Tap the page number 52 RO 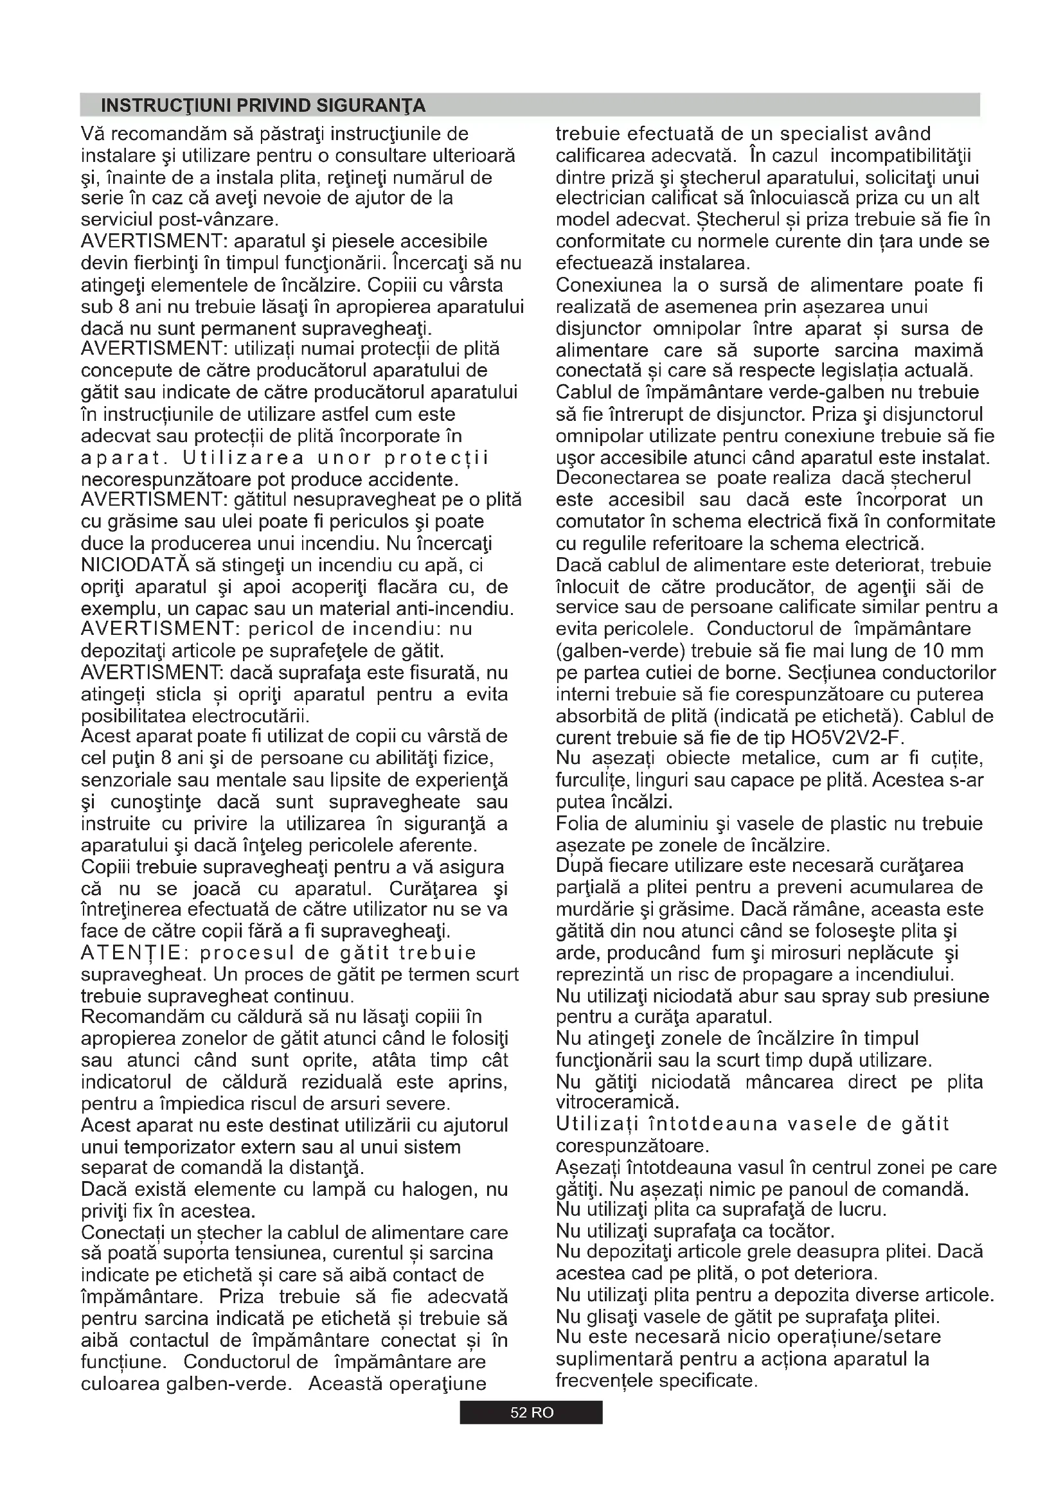tap(531, 1412)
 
